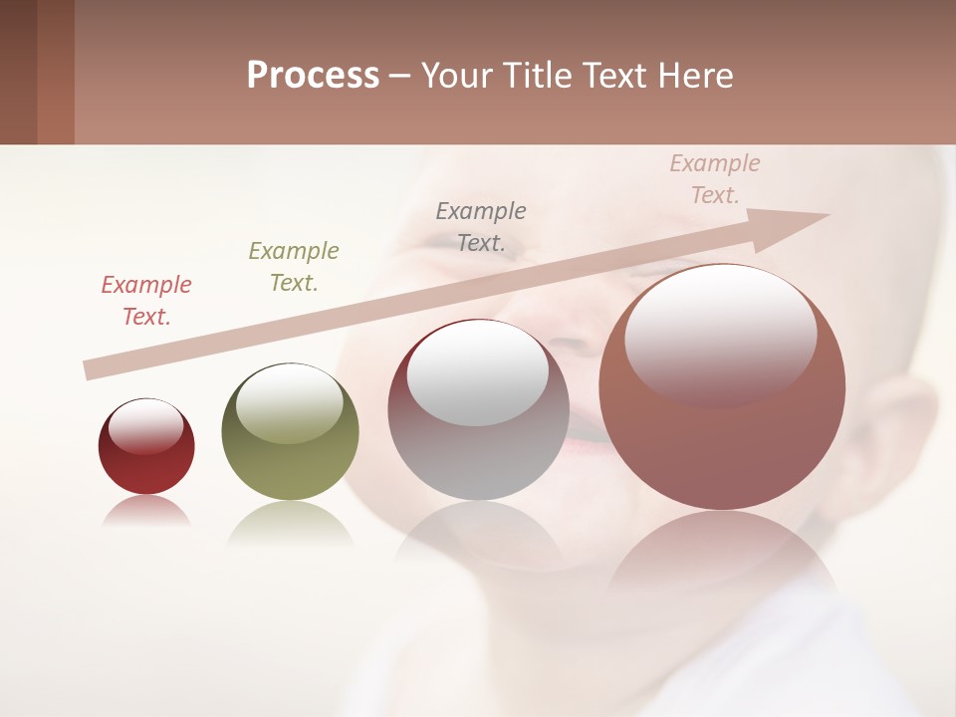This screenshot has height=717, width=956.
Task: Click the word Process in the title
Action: point(313,76)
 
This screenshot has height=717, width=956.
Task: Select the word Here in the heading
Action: point(697,76)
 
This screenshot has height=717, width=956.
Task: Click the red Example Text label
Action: point(146,301)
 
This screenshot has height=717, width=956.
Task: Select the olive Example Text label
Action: point(294,267)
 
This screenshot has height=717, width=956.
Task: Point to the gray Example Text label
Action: point(481,226)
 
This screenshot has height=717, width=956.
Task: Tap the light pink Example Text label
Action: point(715,179)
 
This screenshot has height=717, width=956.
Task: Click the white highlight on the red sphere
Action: point(146,426)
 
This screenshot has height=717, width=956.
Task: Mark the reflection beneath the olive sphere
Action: point(290,523)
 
